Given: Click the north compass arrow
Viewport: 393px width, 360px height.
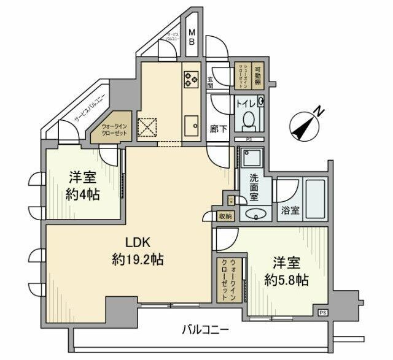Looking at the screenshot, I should (302, 124).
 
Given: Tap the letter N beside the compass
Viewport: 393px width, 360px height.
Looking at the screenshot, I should (319, 110).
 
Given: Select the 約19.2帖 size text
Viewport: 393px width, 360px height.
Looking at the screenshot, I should (137, 259).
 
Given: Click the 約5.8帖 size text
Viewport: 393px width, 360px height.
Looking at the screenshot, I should (286, 280).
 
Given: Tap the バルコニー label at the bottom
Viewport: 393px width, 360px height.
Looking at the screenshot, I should (206, 330).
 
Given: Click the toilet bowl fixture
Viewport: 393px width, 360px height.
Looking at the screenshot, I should (249, 120).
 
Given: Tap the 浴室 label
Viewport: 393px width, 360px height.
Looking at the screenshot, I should (290, 210).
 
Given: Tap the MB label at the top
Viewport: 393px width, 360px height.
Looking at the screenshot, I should (192, 37).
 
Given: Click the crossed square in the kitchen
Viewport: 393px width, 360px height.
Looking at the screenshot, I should (147, 127).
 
